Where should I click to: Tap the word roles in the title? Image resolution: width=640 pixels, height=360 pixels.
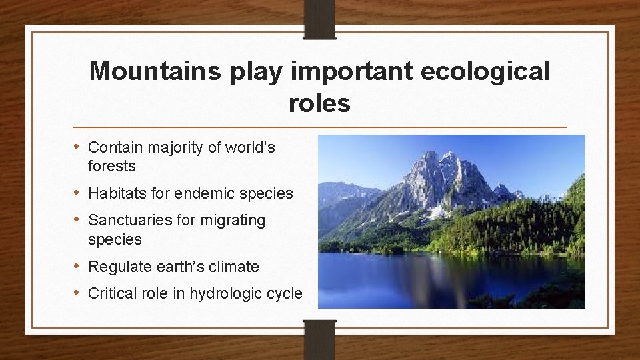(x=319, y=103)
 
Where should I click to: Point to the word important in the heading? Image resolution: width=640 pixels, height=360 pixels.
(x=349, y=71)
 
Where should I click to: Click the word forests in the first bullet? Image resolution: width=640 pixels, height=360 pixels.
(x=111, y=166)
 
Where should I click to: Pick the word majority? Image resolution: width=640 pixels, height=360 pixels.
(x=174, y=147)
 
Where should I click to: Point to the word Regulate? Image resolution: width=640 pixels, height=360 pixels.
(x=120, y=267)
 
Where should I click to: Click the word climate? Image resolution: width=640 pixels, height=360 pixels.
(x=234, y=267)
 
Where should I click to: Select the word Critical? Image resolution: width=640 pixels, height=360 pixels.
(x=113, y=293)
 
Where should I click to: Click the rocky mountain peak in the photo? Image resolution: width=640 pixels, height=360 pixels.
(x=443, y=173)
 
